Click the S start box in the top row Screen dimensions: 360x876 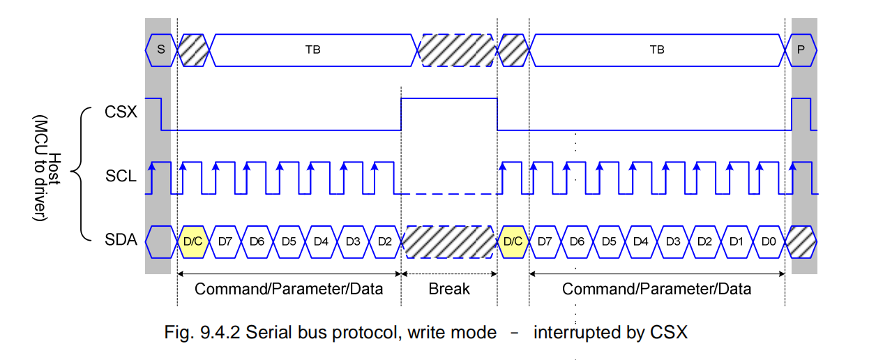(161, 50)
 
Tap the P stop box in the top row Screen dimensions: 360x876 (801, 50)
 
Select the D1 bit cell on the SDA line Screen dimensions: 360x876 (736, 241)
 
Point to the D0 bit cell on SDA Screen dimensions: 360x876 (769, 241)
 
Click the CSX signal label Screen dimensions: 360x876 (121, 112)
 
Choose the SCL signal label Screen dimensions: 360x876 (121, 177)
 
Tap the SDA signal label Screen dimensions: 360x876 (121, 241)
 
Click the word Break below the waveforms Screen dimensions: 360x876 (449, 288)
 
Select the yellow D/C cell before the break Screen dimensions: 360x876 (193, 241)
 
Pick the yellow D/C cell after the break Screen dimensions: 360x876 (513, 241)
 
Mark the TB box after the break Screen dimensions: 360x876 (656, 50)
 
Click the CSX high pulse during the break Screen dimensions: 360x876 (449, 99)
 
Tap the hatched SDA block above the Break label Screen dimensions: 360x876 (449, 241)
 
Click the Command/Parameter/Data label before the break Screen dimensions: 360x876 (289, 288)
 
